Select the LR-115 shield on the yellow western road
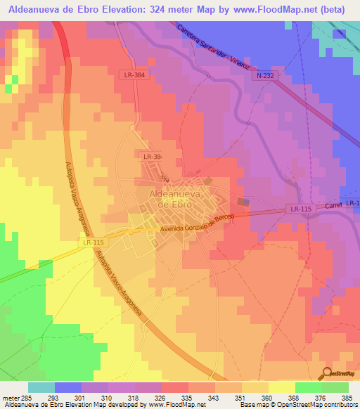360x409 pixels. tap(92, 242)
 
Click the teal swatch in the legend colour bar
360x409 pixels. tap(41, 387)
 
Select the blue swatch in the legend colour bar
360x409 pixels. tap(68, 387)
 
